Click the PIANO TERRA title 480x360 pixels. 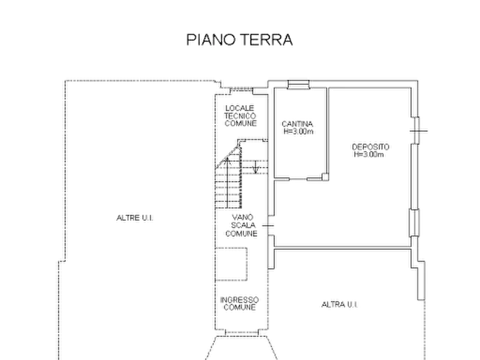(x=239, y=40)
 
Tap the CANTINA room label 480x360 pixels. (x=297, y=124)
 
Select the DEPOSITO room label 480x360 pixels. (x=370, y=147)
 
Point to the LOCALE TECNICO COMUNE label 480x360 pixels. (x=240, y=116)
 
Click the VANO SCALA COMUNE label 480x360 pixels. (x=241, y=225)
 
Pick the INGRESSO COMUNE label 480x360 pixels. (x=239, y=304)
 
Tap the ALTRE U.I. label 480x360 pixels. (x=135, y=218)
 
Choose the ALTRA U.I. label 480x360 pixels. (x=340, y=304)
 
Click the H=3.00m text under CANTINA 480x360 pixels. (x=298, y=132)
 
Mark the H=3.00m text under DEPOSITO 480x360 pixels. (x=369, y=154)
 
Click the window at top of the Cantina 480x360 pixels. (x=298, y=84)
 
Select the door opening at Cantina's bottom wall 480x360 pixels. (x=298, y=179)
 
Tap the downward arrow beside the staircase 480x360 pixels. (x=256, y=167)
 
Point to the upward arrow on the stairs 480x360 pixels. (x=227, y=183)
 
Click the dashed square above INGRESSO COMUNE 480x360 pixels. (x=231, y=264)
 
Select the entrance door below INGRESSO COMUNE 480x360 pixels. (x=242, y=333)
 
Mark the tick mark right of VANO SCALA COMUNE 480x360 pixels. (x=268, y=226)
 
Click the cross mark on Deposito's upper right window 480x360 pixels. (x=419, y=131)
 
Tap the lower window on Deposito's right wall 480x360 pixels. (x=414, y=222)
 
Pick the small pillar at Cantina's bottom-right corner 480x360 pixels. (x=325, y=177)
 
